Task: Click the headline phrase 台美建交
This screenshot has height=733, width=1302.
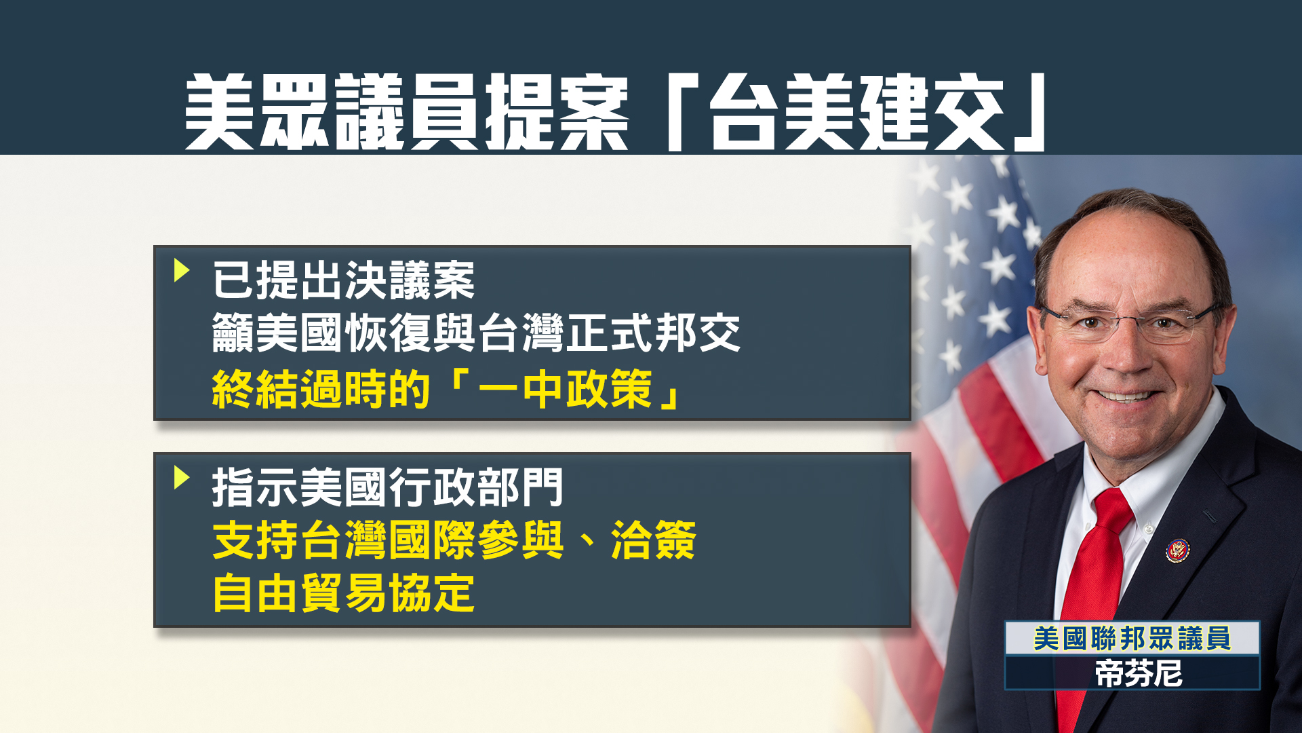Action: click(x=857, y=113)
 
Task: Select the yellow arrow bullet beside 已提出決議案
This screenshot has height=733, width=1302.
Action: click(x=181, y=270)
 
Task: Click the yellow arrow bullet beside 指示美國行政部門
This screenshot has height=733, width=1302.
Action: click(x=181, y=477)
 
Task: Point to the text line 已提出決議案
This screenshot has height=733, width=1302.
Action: click(x=344, y=280)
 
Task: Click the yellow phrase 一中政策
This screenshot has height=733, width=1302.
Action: click(x=566, y=390)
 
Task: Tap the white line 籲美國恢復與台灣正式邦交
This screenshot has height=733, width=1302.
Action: click(x=476, y=333)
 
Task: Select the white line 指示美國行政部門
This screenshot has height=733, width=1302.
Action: click(x=387, y=487)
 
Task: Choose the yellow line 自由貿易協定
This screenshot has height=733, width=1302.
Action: click(x=343, y=593)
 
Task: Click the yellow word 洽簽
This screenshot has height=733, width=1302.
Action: click(x=653, y=540)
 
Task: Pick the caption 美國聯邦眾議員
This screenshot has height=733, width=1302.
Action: click(x=1132, y=639)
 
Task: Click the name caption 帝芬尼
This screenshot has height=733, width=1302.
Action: click(x=1139, y=674)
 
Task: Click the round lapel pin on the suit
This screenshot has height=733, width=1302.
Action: click(x=1178, y=550)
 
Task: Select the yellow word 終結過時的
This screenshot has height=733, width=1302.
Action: click(x=321, y=390)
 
